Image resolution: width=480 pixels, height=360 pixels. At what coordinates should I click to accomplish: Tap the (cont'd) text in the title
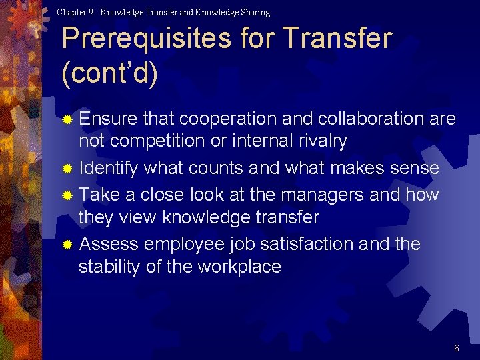[109, 74]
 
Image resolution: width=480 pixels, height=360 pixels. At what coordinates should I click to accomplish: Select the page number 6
[457, 348]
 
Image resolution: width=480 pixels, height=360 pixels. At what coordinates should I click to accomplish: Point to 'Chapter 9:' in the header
[76, 12]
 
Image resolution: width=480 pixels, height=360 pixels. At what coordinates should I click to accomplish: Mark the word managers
[325, 195]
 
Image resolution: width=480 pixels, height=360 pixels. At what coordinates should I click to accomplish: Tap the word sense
[411, 168]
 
